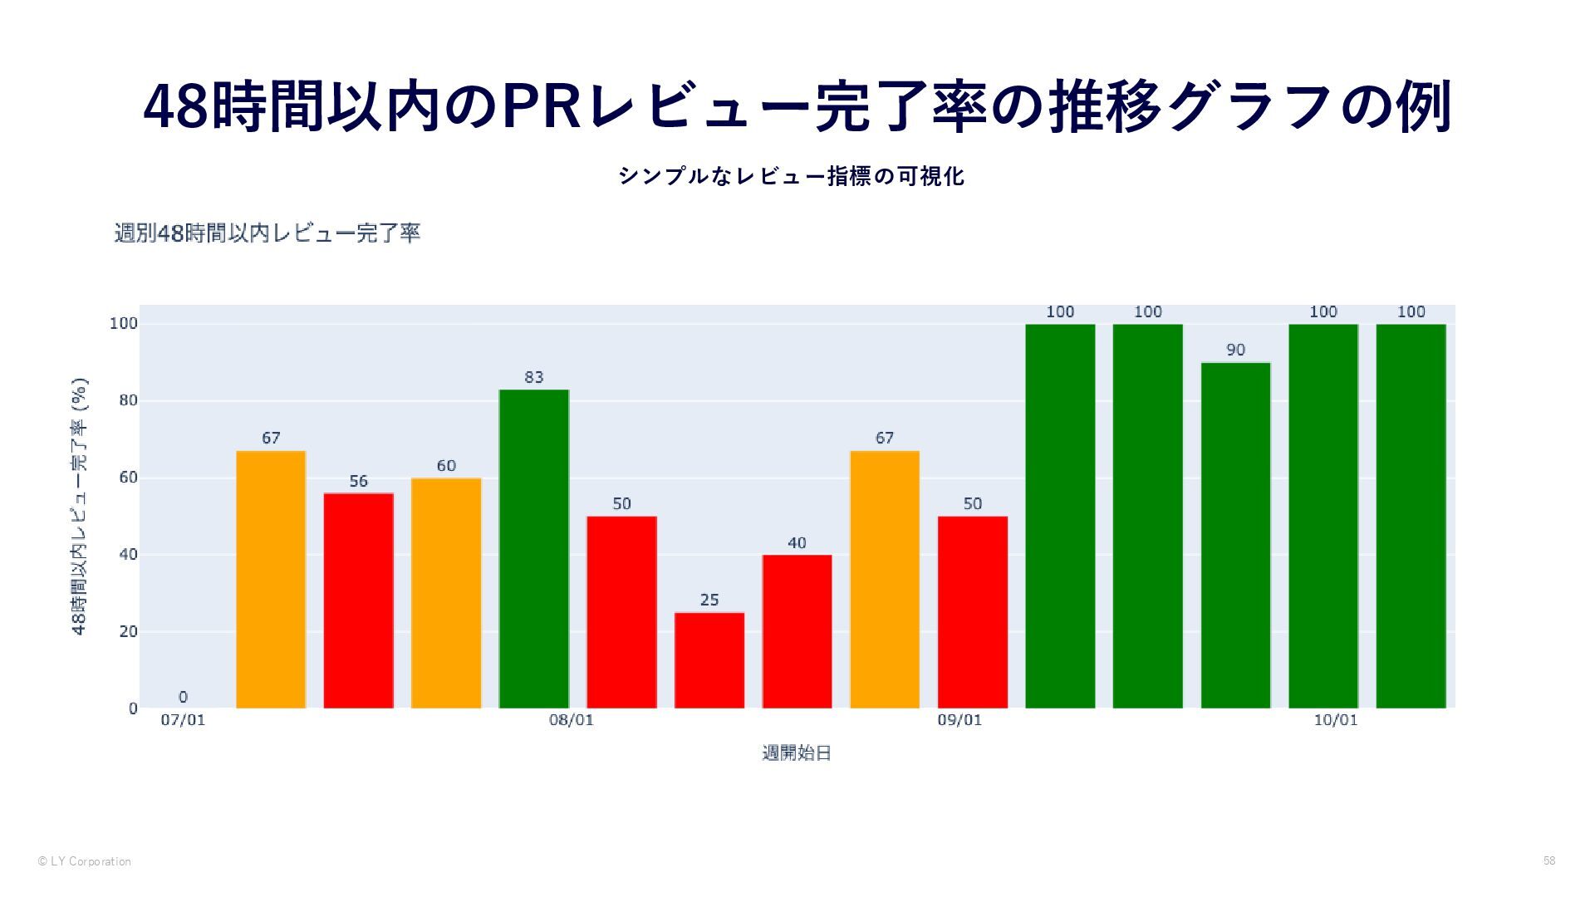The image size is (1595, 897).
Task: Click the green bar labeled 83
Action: (534, 548)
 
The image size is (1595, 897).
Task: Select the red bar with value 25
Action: (709, 660)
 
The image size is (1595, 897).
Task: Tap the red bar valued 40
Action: (797, 631)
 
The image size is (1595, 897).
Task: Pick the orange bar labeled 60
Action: (446, 593)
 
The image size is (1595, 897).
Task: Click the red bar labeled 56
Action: (358, 600)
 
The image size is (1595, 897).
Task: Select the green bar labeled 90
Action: (1235, 535)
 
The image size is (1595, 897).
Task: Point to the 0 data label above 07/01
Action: (183, 697)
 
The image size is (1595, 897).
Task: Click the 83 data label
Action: (534, 377)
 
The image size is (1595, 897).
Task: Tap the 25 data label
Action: (709, 600)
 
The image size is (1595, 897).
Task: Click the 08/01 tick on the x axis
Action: (572, 720)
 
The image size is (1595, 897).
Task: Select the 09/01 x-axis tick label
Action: (959, 720)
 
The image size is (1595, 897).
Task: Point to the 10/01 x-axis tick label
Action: (1336, 720)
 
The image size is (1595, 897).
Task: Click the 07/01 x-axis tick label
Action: (183, 720)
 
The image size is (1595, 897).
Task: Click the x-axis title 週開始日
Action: (797, 753)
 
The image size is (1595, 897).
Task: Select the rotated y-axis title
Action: (80, 507)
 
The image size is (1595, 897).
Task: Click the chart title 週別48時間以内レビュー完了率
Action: (267, 233)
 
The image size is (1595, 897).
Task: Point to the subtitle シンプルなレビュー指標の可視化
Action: (792, 176)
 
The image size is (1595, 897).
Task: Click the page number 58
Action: (1548, 860)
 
